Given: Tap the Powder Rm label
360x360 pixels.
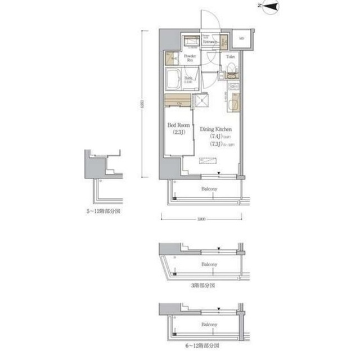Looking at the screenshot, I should [189, 58].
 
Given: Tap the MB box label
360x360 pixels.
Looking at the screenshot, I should [242, 38].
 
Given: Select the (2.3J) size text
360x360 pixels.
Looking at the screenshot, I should [177, 132].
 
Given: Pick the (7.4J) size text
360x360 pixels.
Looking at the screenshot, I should [215, 137].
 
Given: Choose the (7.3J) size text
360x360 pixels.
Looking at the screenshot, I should [215, 145].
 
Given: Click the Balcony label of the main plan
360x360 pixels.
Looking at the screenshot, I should [210, 190].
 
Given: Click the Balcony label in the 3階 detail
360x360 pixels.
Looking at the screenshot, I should [210, 263].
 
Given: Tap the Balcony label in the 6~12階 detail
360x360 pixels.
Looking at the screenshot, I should [210, 325].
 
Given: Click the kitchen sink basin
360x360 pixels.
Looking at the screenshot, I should [234, 87].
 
